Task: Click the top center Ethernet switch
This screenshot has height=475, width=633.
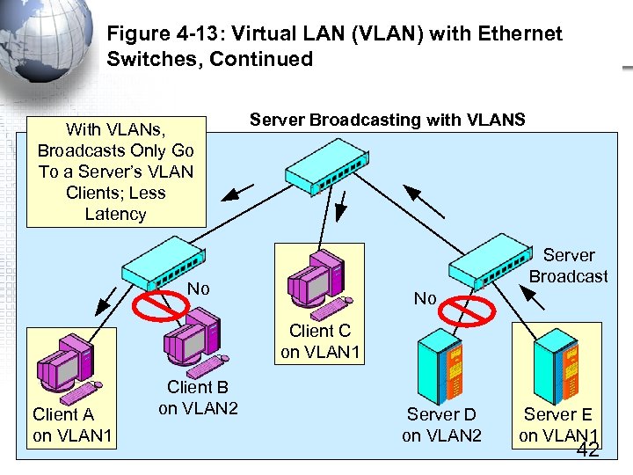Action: click(328, 167)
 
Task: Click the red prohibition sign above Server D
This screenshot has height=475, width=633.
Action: click(468, 311)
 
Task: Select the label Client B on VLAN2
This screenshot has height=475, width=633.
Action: click(198, 398)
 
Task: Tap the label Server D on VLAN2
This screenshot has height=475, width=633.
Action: click(441, 425)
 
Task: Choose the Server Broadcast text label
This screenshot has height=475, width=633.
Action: click(568, 266)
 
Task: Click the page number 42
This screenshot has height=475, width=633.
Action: click(586, 450)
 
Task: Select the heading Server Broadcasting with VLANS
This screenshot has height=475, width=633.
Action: click(387, 120)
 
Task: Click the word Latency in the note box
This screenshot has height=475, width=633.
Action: click(115, 214)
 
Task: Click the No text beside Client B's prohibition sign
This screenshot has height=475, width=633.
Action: click(199, 289)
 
